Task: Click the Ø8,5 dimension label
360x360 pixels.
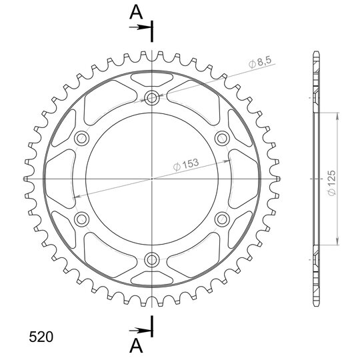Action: click(260, 62)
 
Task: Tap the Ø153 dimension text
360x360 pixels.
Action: click(186, 165)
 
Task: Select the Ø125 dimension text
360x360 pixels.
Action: click(332, 183)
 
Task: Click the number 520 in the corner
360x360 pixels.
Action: click(41, 337)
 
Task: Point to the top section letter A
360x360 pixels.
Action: click(136, 12)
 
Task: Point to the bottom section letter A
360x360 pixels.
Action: click(136, 346)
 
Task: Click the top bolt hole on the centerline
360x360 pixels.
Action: click(152, 98)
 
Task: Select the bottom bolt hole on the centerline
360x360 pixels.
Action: click(152, 260)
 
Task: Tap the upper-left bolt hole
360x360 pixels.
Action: click(82, 138)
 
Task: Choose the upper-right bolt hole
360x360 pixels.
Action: click(222, 138)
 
